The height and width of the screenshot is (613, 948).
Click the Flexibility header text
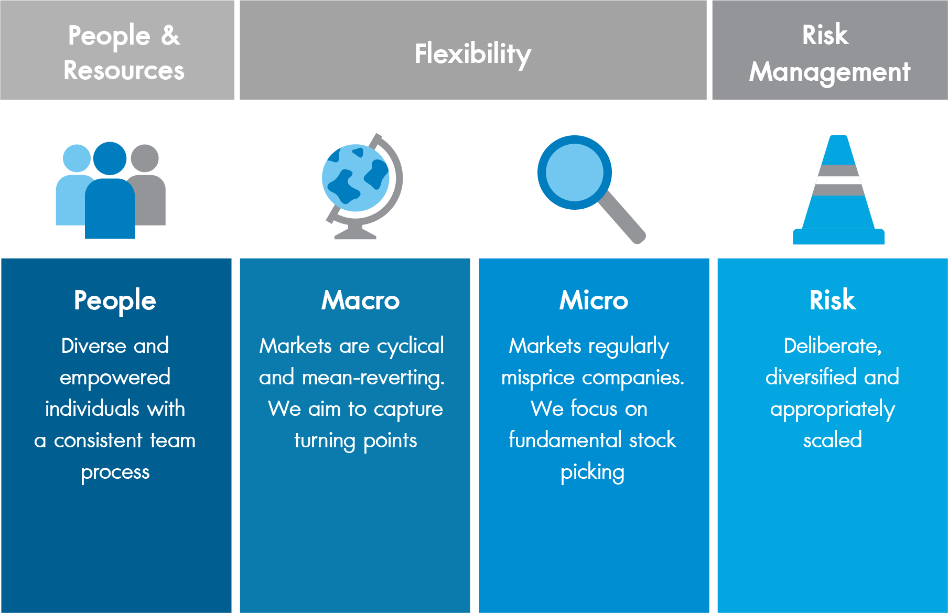pos(473,54)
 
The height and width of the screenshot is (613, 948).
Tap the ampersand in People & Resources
pos(170,36)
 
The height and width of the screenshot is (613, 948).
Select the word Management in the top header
pos(829,72)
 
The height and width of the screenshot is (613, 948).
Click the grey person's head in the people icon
pos(145,158)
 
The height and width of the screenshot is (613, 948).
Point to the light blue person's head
pos(77,158)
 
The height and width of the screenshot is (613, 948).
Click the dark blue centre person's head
pos(110,158)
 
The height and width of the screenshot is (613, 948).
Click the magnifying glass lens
pos(575,173)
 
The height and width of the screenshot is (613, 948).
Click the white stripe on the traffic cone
pos(838,180)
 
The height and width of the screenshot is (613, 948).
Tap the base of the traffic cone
pos(838,236)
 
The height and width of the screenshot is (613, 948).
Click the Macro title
pos(361,300)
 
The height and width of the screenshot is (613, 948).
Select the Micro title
pos(594,300)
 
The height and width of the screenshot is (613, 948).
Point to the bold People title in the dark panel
pos(115,302)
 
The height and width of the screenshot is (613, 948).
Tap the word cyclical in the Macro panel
pos(411,347)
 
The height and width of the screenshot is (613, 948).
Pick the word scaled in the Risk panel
pos(833,440)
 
